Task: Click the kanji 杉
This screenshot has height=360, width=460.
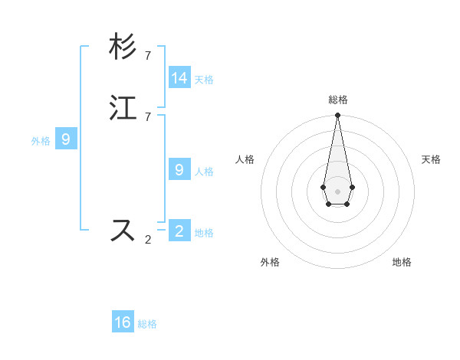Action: (123, 47)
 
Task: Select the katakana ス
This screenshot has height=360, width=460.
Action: (123, 230)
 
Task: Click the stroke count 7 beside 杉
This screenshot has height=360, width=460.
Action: (148, 55)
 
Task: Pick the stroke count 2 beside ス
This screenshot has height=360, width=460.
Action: (148, 239)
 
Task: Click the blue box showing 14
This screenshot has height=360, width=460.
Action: (179, 77)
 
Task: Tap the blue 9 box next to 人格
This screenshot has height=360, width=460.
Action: (179, 169)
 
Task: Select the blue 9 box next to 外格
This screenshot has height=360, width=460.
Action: (66, 139)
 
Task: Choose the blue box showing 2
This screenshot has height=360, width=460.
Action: (179, 230)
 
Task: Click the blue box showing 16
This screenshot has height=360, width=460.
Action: (123, 322)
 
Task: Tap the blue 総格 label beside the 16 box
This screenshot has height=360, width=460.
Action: (147, 324)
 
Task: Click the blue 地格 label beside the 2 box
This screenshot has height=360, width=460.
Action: (204, 233)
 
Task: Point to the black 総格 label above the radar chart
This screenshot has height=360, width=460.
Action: (338, 100)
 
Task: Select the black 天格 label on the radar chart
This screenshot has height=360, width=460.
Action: (431, 159)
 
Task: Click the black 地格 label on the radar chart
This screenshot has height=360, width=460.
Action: (402, 262)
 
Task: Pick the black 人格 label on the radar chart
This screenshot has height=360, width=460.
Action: (245, 159)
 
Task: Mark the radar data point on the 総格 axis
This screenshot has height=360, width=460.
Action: (337, 116)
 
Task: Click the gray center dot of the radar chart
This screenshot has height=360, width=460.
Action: (337, 191)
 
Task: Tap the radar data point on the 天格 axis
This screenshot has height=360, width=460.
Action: (352, 187)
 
